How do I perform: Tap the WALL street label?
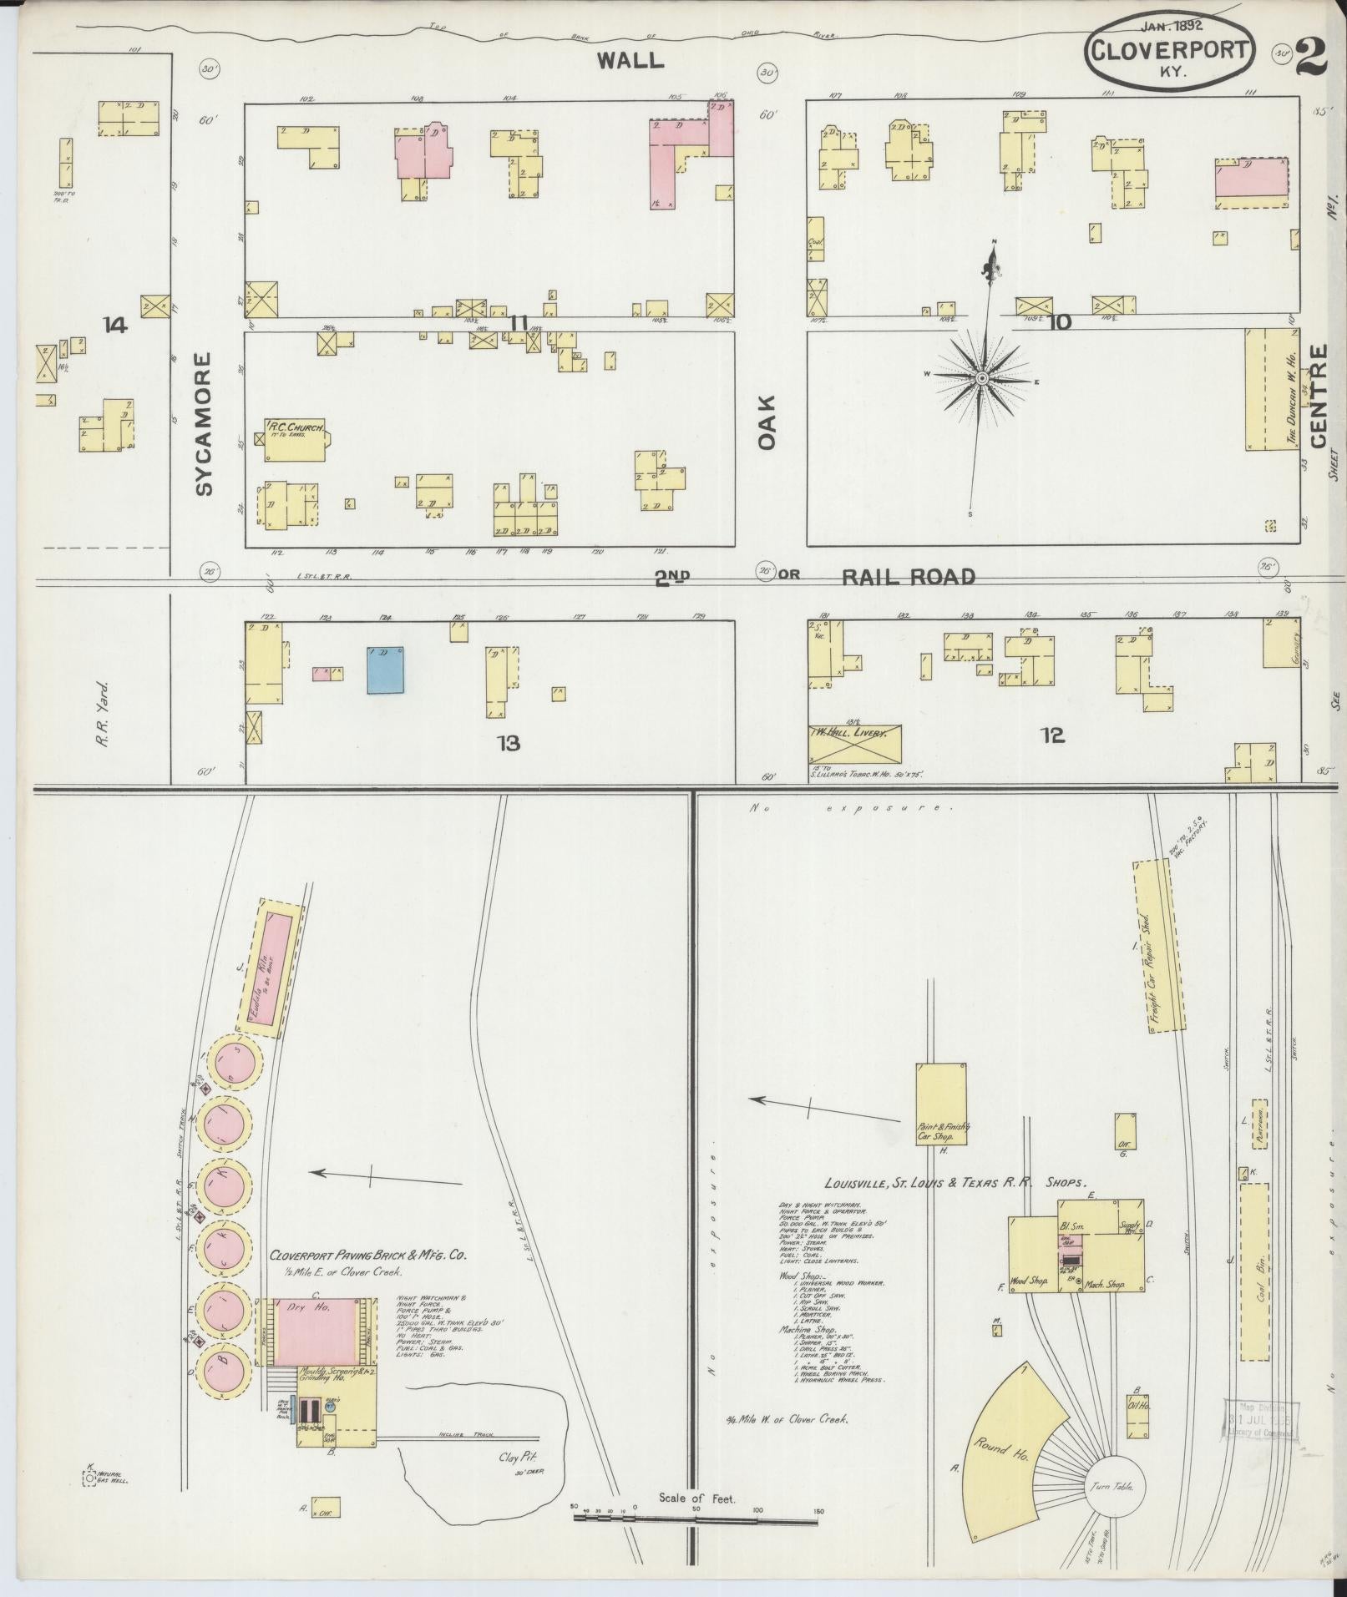pos(630,60)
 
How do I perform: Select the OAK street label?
pos(767,422)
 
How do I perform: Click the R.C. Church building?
pos(295,439)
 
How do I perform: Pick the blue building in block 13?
pos(386,670)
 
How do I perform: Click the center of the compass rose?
pos(983,379)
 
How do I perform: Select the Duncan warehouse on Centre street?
pos(1273,389)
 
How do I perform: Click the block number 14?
pos(115,325)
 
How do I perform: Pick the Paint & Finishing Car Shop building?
pos(941,1104)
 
